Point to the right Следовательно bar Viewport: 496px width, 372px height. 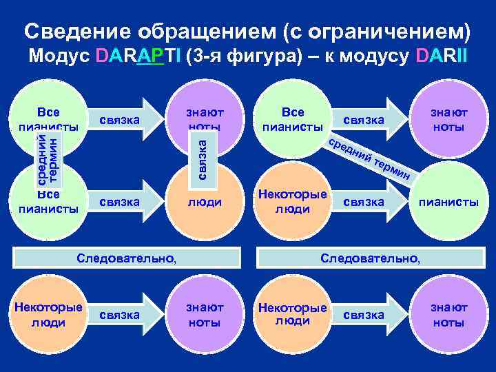point(370,258)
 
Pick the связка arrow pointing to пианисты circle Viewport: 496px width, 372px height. point(372,202)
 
